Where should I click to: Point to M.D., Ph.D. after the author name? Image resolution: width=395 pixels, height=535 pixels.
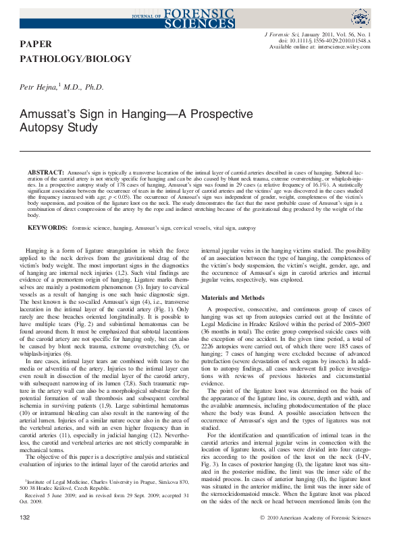click(x=84, y=88)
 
